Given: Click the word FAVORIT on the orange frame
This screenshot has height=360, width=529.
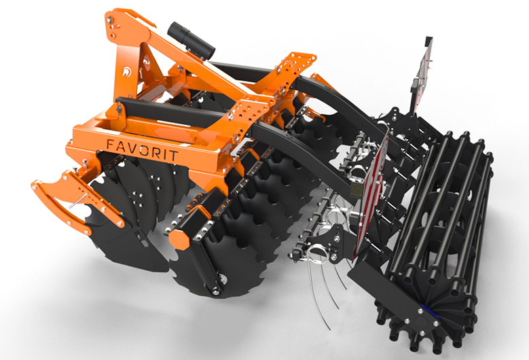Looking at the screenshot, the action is pyautogui.click(x=142, y=150).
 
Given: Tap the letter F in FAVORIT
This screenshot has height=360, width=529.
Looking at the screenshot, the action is pyautogui.click(x=110, y=144).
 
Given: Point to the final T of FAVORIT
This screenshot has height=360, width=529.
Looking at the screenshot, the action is pyautogui.click(x=173, y=155).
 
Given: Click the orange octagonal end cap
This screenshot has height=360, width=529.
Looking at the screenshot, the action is pyautogui.click(x=179, y=240).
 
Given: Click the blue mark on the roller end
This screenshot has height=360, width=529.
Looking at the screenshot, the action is pyautogui.click(x=430, y=311).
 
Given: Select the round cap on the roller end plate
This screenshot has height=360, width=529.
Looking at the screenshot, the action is pyautogui.click(x=422, y=319).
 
